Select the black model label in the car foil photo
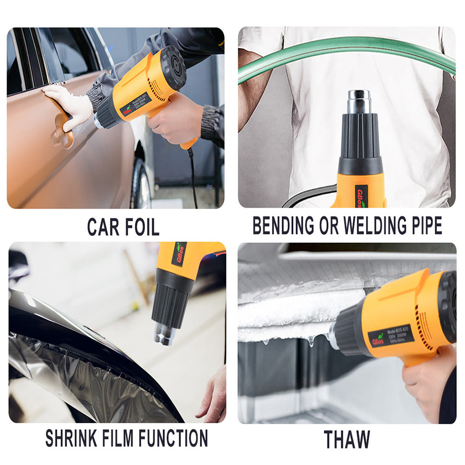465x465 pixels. [x=135, y=106]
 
